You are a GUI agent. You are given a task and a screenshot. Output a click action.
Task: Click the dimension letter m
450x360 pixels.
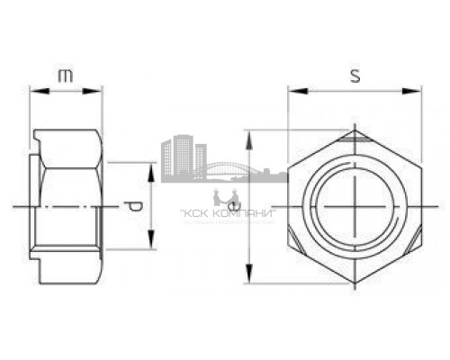66,76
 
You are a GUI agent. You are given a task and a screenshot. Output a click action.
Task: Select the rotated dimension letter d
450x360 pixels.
135,207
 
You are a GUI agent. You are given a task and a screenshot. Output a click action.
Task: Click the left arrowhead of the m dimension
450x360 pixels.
34,90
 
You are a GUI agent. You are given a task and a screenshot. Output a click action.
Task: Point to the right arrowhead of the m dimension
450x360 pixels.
98,90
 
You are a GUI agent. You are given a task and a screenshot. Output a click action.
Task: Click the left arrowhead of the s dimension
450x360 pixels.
292,90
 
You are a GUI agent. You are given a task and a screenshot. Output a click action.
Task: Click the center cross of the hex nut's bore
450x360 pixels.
355,207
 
